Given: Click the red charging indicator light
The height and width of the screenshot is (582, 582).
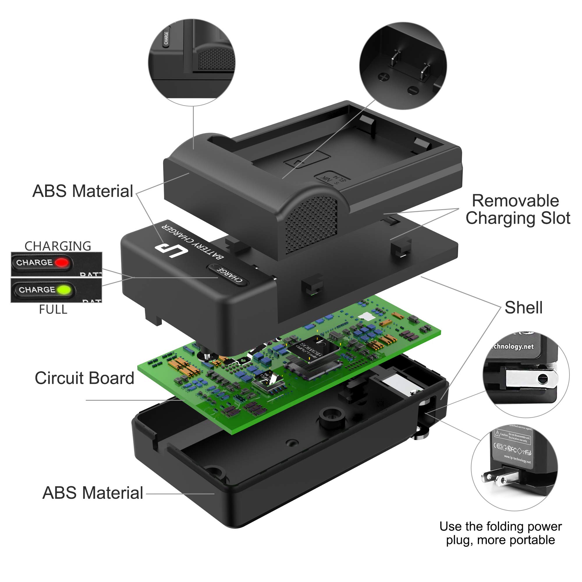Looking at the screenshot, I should (62, 262).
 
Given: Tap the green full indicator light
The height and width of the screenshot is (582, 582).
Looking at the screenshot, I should (64, 290).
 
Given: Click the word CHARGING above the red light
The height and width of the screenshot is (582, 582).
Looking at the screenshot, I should (58, 246).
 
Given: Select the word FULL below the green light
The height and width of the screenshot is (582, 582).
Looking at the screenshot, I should (53, 310).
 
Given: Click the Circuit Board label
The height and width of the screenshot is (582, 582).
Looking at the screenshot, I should (84, 378).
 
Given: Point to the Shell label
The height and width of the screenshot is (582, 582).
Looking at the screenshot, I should (524, 308).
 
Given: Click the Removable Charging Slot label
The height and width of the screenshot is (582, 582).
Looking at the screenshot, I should (517, 209).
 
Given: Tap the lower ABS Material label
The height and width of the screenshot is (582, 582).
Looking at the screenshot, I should (93, 493).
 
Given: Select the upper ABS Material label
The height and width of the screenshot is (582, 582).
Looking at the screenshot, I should (83, 191).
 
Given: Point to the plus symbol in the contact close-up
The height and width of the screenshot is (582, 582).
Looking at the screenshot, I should (384, 77).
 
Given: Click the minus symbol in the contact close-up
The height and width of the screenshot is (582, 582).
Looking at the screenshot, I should (413, 90).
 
